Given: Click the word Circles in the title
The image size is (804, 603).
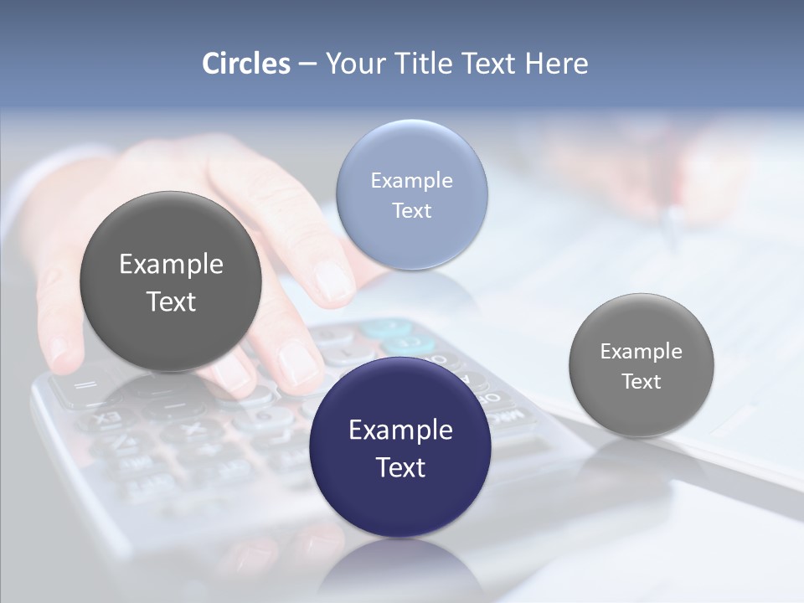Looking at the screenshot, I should point(246,64).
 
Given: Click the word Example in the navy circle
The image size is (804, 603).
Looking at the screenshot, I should point(400,430).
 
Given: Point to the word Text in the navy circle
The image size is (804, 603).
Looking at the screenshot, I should point(400,467).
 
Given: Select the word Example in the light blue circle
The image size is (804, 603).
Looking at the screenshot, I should point(411,180).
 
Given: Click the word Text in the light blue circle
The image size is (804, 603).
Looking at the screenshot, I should point(411,210).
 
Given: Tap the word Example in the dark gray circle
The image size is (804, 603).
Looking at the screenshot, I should point(171,264).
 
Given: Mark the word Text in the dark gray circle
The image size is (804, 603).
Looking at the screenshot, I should point(171,301).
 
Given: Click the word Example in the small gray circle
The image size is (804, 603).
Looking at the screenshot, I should point(641,351).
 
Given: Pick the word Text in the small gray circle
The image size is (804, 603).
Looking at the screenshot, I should point(641,381).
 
